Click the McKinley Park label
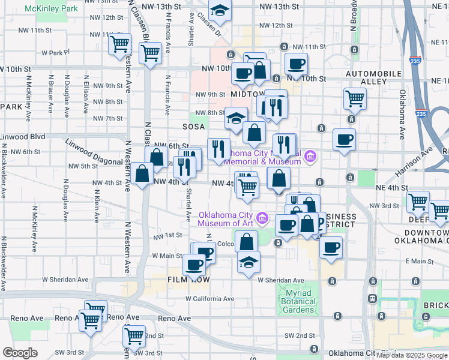[52, 10]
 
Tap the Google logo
[20, 353]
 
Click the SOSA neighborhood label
[194, 127]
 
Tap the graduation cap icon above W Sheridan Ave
[249, 262]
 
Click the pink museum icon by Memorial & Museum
[310, 157]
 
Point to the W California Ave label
[209, 299]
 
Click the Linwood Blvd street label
[23, 137]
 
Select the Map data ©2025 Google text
[412, 355]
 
